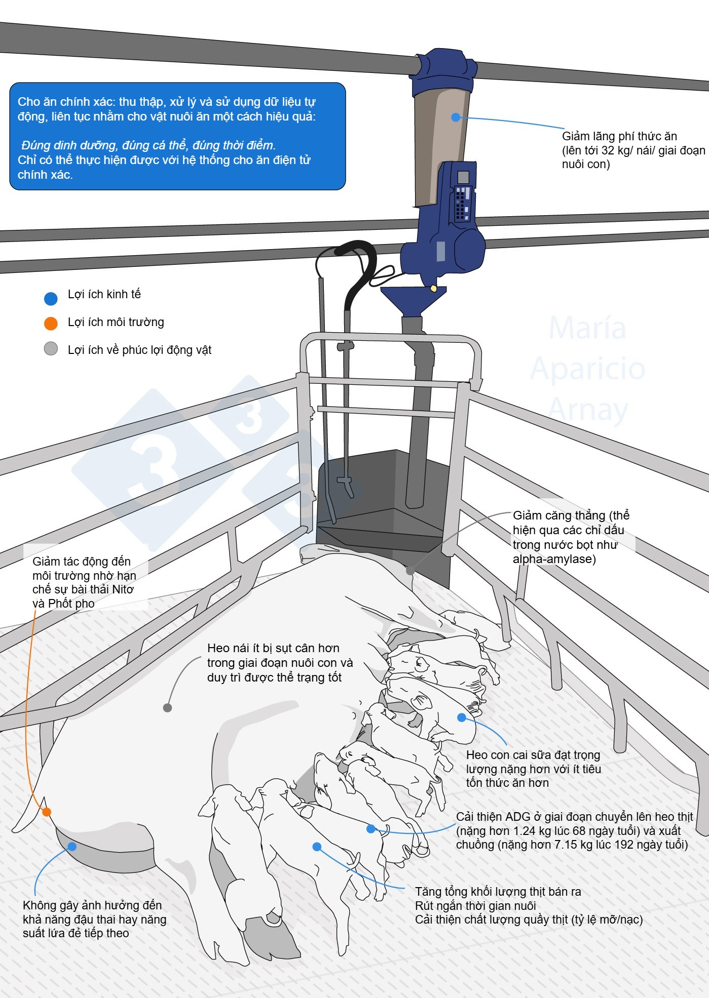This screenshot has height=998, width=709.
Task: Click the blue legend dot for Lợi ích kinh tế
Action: [51, 299]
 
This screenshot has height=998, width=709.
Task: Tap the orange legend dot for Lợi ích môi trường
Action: [51, 323]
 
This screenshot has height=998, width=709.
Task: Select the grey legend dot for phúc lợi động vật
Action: [51, 349]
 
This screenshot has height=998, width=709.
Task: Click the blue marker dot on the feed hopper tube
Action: [456, 117]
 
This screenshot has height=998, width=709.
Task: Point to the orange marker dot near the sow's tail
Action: [47, 812]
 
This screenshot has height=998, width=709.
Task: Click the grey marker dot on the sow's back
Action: [167, 707]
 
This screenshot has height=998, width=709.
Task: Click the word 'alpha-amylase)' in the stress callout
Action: [554, 559]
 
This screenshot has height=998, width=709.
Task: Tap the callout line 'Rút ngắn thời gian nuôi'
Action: [475, 906]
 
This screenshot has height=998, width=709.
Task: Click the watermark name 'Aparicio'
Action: [587, 369]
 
